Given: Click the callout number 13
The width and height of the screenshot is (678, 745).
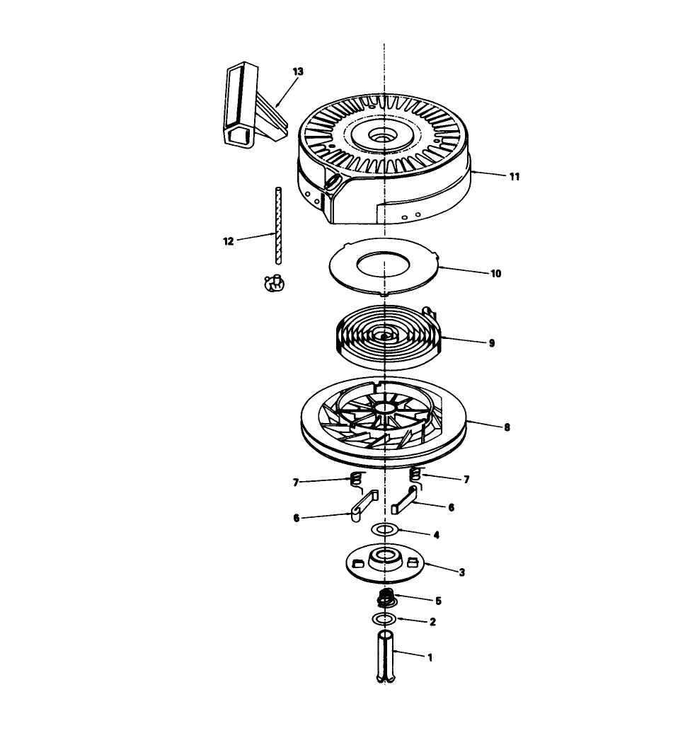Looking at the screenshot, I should coord(297,71).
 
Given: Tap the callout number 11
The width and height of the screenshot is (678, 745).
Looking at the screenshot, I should coord(514,177).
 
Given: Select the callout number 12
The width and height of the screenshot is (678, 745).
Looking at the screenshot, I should coord(228,241).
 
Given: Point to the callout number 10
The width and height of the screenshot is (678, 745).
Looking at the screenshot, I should coord(495,273).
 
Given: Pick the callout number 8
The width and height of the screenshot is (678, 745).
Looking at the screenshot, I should coord(507,427).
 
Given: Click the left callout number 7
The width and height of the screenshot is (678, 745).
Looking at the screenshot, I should coord(296,482).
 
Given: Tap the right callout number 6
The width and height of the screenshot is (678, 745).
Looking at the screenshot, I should coord(451,507).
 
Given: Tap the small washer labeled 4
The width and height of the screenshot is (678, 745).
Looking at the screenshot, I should coord(385,530).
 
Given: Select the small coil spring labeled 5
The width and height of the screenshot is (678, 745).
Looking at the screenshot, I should coord(386,599).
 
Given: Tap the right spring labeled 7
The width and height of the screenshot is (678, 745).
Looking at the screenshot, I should coord(418,478).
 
